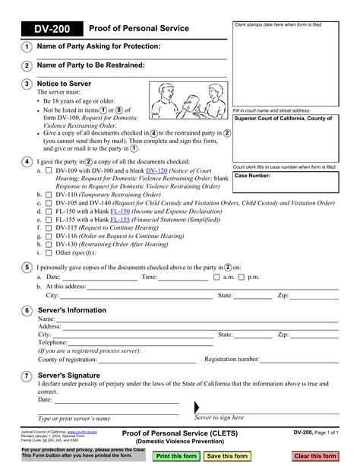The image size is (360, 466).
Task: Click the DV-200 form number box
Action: click(x=44, y=28)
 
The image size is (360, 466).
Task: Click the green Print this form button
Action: click(x=176, y=456)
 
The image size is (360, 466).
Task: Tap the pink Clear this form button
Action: click(x=314, y=456)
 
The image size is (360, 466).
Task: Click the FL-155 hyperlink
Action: click(x=118, y=220)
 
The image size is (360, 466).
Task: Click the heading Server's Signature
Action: click(x=68, y=376)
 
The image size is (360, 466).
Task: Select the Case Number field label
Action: click(x=252, y=176)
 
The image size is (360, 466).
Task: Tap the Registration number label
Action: click(x=235, y=359)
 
